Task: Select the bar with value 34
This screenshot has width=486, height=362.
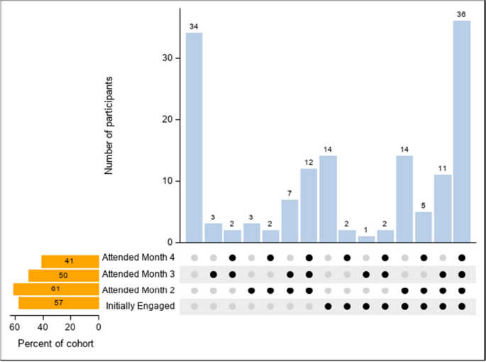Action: (194, 137)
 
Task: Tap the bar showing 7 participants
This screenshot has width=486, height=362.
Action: (289, 221)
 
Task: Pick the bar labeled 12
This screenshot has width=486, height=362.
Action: (309, 205)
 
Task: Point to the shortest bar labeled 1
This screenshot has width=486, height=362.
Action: (366, 239)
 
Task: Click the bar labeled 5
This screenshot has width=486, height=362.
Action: (424, 226)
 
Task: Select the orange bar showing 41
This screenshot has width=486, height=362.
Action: (70, 261)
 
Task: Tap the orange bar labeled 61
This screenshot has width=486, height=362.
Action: (55, 290)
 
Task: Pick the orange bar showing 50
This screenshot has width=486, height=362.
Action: (63, 275)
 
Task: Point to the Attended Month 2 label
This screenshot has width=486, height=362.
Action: (138, 290)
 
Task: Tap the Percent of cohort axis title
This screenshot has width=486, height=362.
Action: (55, 344)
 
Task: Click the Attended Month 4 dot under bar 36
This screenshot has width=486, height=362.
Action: (462, 258)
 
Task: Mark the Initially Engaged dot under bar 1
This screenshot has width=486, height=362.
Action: (366, 306)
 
